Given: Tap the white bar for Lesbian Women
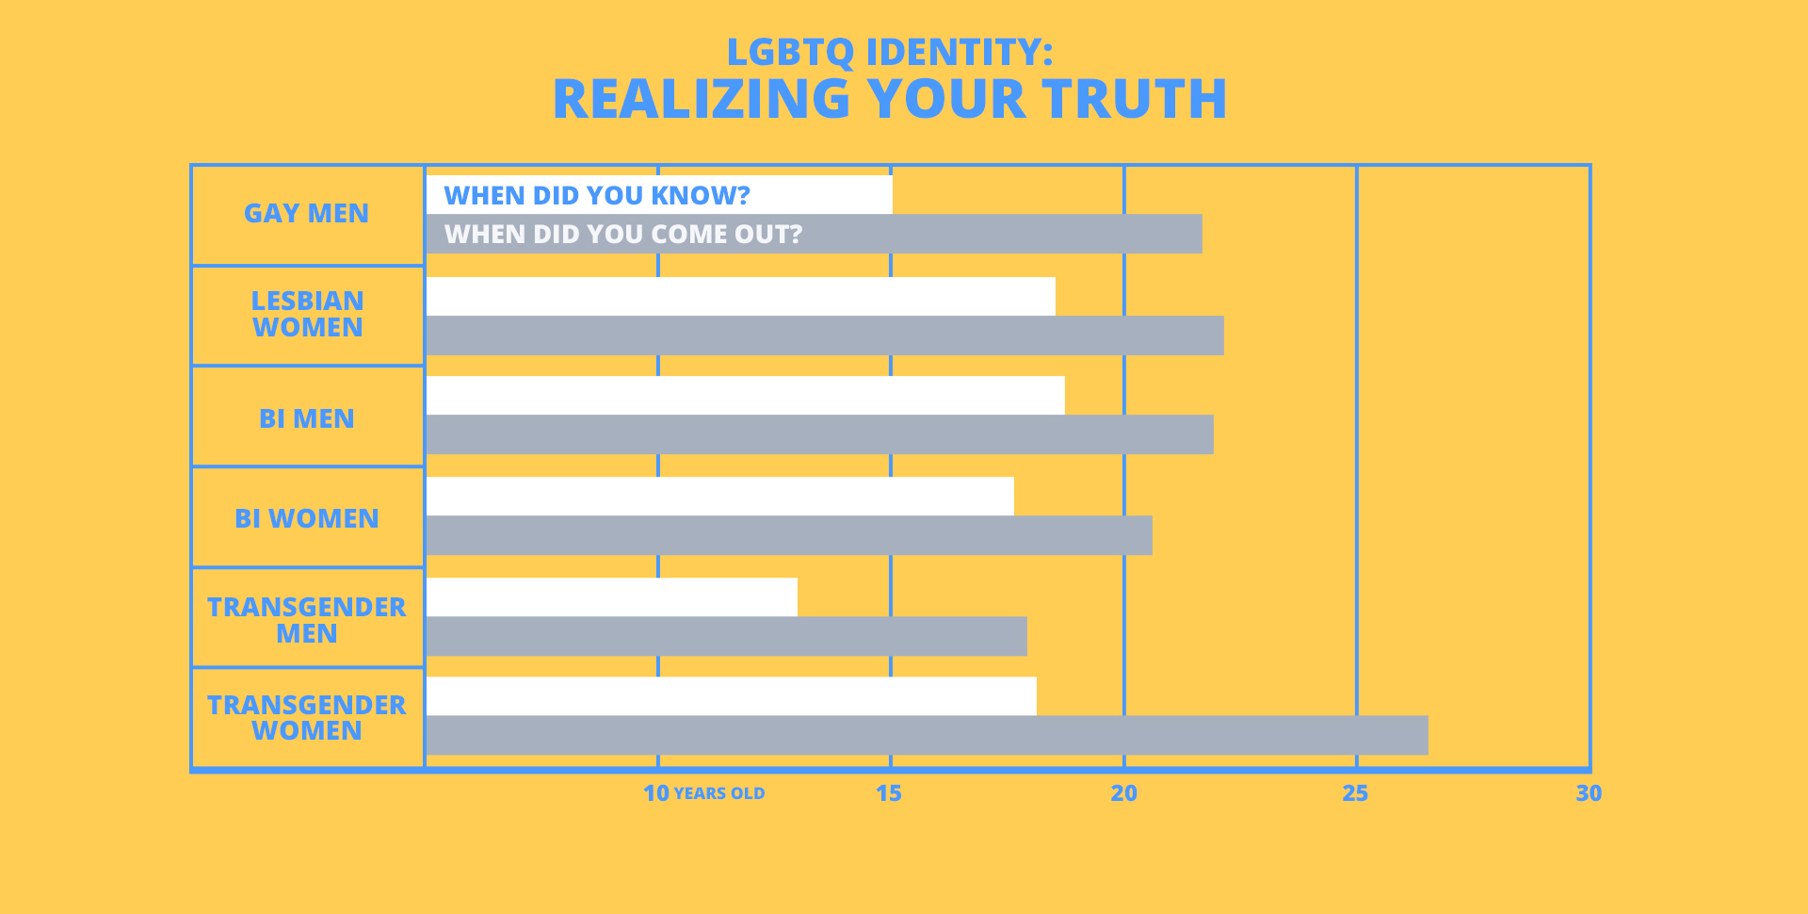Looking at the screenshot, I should coord(740,296).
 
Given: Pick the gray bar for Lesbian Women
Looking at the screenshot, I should coord(825,335).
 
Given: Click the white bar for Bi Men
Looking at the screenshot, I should coord(745,396).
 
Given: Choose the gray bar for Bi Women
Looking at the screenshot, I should coord(789,535).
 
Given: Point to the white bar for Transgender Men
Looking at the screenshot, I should coord(612,597).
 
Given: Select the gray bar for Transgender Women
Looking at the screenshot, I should coord(927,735).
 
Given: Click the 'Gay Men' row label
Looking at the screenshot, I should coord(306,214).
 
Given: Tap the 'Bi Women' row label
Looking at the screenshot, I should coord(306,518).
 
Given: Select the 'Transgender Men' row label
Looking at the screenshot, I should coord(306,620).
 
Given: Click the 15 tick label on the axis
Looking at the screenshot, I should coord(888,793).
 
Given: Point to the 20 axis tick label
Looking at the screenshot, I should coord(1123,793).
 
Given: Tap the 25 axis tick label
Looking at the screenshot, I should coord(1355,793).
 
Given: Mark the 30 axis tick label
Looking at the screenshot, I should coord(1589,793).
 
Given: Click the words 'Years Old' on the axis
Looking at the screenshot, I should coord(719,793).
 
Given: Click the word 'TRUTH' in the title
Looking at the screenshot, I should coord(1135,99).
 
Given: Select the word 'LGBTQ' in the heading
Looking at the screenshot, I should coord(790,52).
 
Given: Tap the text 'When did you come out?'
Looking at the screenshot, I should coord(622,234).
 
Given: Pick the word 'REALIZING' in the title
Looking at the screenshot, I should coord(702,99).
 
